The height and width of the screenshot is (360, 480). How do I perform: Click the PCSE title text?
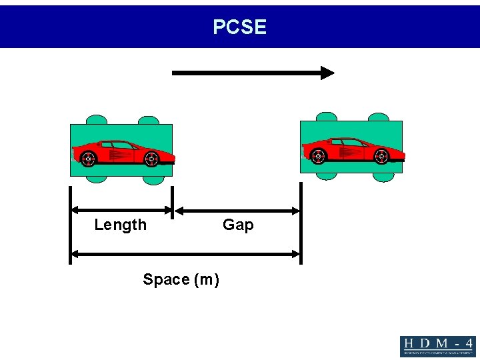(x=240, y=27)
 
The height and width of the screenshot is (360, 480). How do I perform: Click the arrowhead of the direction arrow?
(x=327, y=73)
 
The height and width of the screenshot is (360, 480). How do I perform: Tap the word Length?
(x=121, y=225)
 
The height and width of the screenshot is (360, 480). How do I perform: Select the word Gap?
(x=238, y=225)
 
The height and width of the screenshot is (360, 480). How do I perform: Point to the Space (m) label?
(x=181, y=279)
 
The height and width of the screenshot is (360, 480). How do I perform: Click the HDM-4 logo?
(x=437, y=346)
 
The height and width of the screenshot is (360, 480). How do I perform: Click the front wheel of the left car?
(x=151, y=159)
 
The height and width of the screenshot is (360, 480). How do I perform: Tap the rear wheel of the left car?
(x=88, y=159)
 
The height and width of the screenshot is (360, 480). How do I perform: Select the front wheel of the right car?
(x=381, y=156)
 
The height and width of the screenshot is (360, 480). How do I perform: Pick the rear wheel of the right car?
(x=318, y=156)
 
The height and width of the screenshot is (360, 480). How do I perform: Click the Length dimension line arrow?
(x=121, y=211)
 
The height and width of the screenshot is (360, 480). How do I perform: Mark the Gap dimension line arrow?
(x=237, y=211)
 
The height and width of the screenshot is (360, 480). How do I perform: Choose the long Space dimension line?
(x=186, y=253)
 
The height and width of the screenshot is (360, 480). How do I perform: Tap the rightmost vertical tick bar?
(x=301, y=223)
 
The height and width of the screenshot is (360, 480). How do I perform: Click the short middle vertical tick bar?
(x=173, y=202)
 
